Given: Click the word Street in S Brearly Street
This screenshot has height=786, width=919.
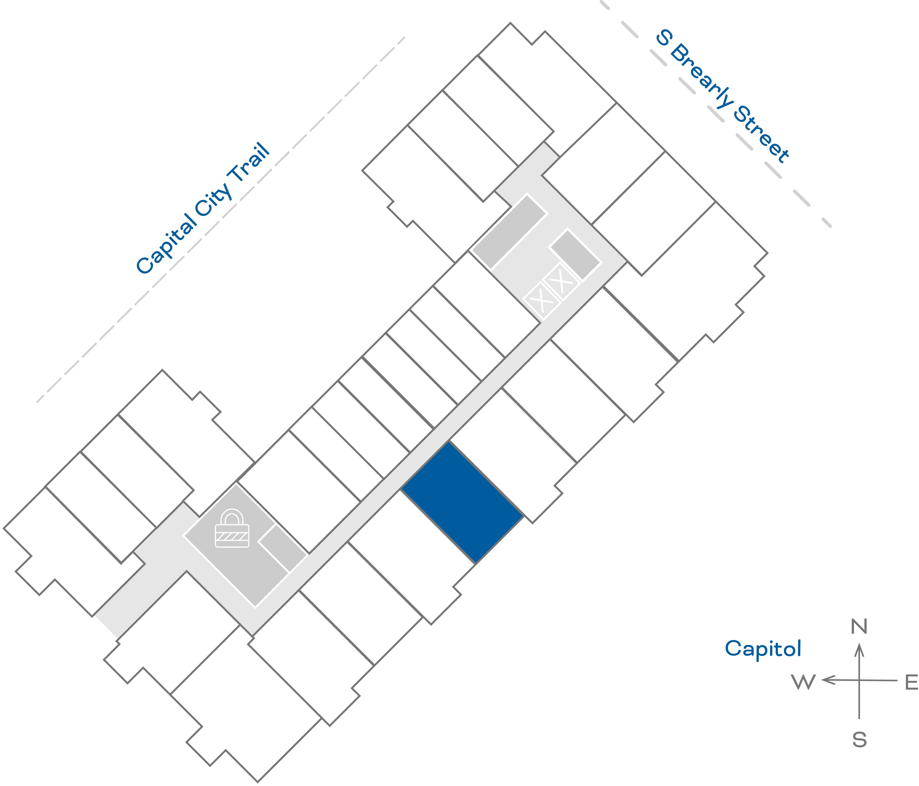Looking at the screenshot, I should [x=761, y=134].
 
